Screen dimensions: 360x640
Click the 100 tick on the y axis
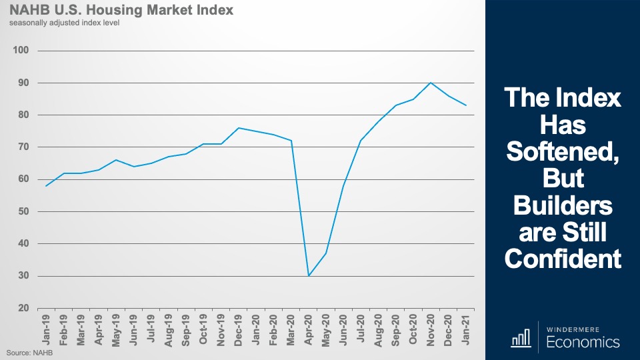(21, 51)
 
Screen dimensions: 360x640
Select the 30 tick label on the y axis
(23, 276)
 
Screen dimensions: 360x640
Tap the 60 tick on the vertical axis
(23, 179)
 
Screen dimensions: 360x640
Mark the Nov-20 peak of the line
(431, 83)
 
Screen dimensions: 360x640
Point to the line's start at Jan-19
(46, 186)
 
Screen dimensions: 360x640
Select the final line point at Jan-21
(466, 105)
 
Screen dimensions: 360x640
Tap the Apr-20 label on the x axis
(309, 328)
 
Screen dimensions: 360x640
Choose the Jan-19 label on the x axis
(47, 328)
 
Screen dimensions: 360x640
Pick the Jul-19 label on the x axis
(151, 328)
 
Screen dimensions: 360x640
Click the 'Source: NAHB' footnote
(30, 351)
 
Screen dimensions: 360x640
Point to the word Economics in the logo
(583, 342)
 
